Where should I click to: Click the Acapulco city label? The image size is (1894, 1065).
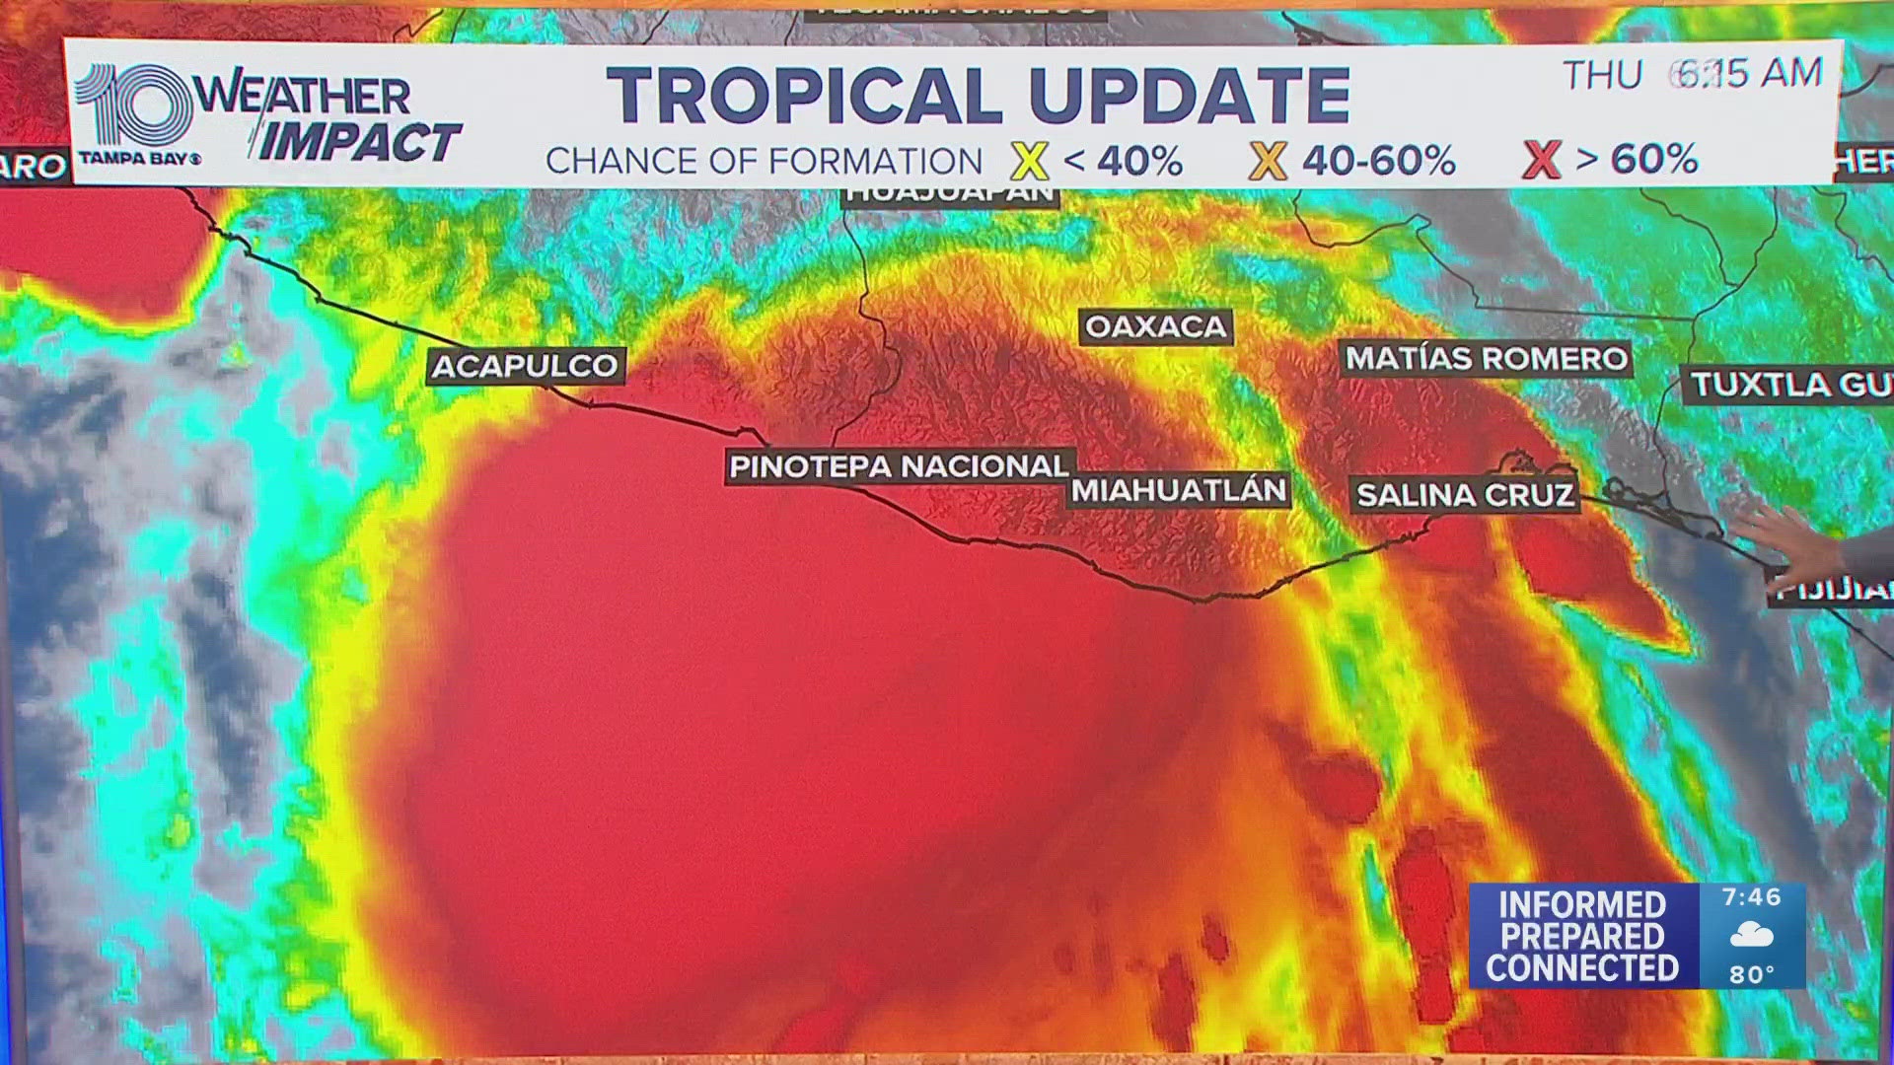pyautogui.click(x=525, y=366)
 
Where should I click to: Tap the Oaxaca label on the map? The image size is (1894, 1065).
pyautogui.click(x=1155, y=326)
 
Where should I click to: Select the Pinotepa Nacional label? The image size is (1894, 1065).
pyautogui.click(x=899, y=466)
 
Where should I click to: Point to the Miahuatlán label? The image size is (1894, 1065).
pyautogui.click(x=1179, y=490)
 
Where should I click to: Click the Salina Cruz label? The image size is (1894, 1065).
pyautogui.click(x=1465, y=495)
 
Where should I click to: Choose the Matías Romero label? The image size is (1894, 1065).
pyautogui.click(x=1487, y=358)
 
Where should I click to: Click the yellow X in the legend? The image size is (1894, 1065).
pyautogui.click(x=1029, y=161)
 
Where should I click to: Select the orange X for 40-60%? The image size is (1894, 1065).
pyautogui.click(x=1268, y=161)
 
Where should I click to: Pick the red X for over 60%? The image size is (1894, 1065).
pyautogui.click(x=1541, y=160)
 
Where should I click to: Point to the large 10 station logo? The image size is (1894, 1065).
pyautogui.click(x=133, y=106)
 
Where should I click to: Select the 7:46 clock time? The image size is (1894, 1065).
pyautogui.click(x=1751, y=897)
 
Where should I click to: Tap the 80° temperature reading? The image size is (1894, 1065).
pyautogui.click(x=1752, y=974)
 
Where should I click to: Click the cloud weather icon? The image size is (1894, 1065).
pyautogui.click(x=1751, y=935)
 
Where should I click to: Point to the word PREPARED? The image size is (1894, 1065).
pyautogui.click(x=1581, y=936)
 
